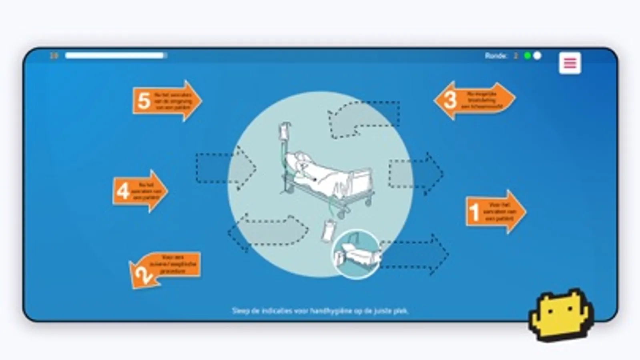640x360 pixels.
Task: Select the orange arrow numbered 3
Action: (x=474, y=100)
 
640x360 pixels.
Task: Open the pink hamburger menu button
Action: (x=570, y=63)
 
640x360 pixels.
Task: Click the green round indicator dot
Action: (x=528, y=56)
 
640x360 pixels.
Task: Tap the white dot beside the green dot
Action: (x=538, y=56)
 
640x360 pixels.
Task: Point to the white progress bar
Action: (x=116, y=56)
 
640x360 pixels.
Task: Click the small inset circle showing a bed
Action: (x=356, y=254)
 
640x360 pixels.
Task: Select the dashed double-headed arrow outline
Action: (x=268, y=232)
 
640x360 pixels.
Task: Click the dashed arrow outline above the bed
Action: (x=364, y=119)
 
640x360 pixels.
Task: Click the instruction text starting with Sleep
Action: (x=320, y=311)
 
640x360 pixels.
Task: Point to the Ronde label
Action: (x=496, y=56)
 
